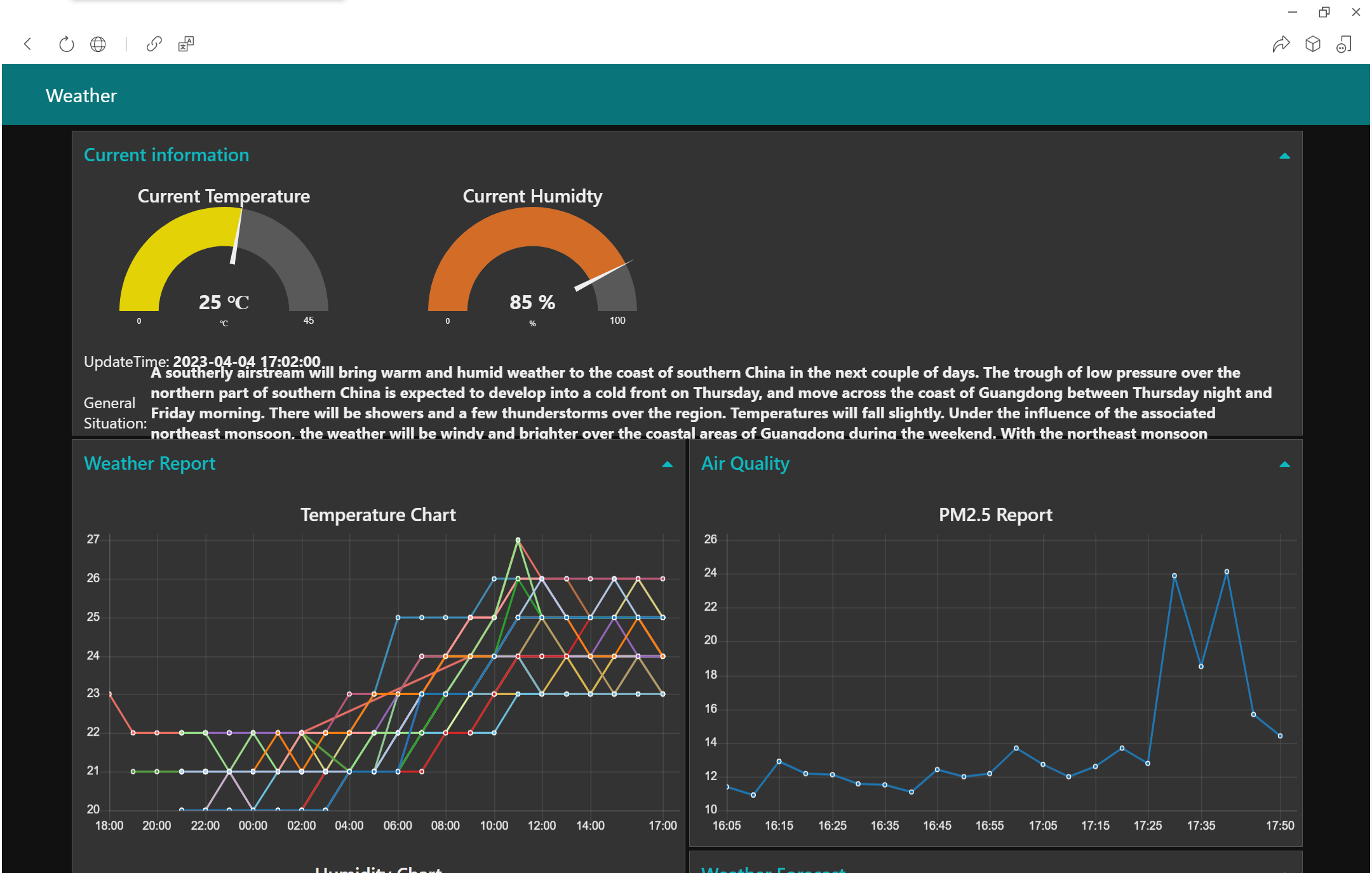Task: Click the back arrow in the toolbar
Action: click(x=27, y=44)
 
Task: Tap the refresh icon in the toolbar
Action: click(x=66, y=44)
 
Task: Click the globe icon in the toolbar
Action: click(x=98, y=44)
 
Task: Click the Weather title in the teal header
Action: click(x=81, y=96)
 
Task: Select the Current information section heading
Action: click(x=166, y=155)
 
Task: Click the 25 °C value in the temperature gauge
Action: click(x=224, y=302)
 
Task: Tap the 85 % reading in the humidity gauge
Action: click(x=532, y=302)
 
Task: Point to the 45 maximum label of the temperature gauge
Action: click(x=309, y=321)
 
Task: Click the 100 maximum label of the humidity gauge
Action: click(x=617, y=321)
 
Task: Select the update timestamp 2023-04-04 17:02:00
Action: click(x=246, y=361)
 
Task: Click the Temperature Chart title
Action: click(x=378, y=515)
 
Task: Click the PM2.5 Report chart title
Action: click(x=995, y=515)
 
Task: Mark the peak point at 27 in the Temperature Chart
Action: click(x=518, y=540)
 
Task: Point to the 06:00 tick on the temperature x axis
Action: click(x=398, y=825)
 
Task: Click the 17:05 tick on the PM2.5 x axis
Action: click(x=1043, y=825)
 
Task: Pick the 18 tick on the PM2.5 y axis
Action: click(x=710, y=675)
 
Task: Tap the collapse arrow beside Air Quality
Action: click(x=1284, y=465)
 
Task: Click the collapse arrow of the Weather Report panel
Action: click(x=667, y=465)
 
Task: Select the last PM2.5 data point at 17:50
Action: click(x=1280, y=736)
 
